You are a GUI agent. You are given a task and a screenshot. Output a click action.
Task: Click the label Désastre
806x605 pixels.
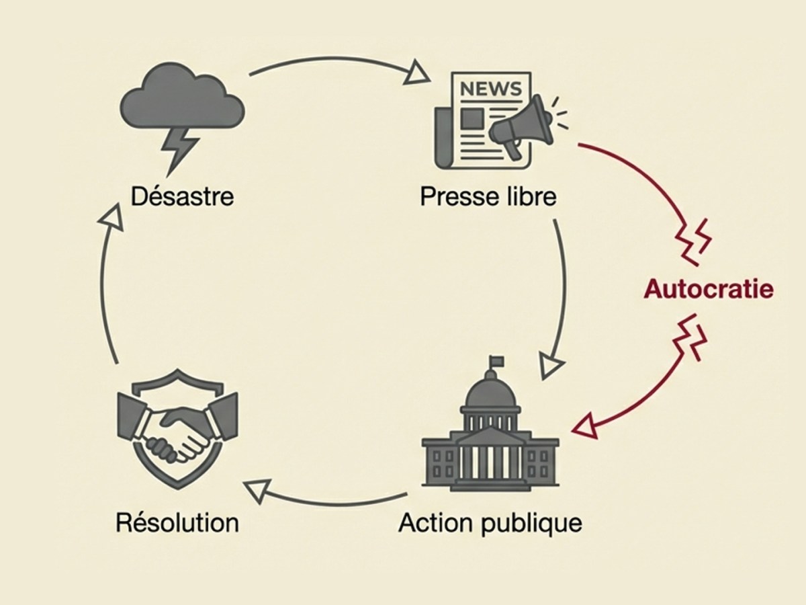[183, 197]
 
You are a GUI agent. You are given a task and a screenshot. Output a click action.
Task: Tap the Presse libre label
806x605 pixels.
[488, 197]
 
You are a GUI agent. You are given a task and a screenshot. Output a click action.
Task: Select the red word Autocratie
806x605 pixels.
[709, 289]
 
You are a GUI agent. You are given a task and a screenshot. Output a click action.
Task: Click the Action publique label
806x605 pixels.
[490, 523]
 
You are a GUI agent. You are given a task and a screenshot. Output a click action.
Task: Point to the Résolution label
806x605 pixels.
[177, 523]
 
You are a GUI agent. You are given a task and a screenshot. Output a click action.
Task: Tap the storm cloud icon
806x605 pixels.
[181, 101]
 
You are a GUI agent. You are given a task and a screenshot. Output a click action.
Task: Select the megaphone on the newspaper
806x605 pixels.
[521, 128]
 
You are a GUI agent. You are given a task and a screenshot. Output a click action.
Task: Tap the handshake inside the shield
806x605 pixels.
[176, 435]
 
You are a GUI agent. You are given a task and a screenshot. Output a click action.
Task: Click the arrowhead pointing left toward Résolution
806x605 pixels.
[258, 491]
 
